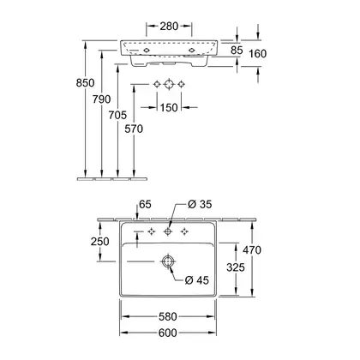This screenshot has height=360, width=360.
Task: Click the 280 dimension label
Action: coord(169,27)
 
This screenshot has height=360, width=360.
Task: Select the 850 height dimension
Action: coord(85,83)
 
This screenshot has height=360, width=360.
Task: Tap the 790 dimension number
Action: coord(101,99)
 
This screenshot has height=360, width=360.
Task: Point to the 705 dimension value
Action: coord(117,115)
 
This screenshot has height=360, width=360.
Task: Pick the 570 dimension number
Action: coord(134,129)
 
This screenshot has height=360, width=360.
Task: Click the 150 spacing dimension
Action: coord(169,108)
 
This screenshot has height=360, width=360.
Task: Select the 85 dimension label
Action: coord(237,51)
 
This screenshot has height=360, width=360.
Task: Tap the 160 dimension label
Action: coord(258,53)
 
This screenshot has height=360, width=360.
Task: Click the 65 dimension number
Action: coord(145,205)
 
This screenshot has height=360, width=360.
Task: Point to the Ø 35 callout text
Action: coord(200,204)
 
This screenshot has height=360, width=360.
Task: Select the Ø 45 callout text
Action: coord(197,280)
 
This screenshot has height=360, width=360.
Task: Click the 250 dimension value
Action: coord(100,242)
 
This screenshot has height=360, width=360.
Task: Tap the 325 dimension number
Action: coord(236,267)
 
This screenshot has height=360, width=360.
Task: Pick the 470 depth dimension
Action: coord(252,250)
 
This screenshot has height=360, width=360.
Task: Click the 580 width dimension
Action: coord(168,316)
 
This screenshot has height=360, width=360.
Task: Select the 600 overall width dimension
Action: coord(168,333)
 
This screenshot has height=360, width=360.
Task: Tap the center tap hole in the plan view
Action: coord(168,231)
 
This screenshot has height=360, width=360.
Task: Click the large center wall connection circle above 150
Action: coord(169,84)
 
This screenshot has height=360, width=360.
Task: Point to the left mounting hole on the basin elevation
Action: coord(147,50)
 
